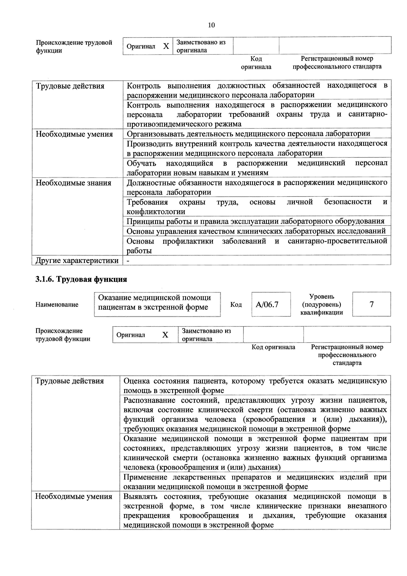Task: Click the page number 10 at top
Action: pyautogui.click(x=211, y=25)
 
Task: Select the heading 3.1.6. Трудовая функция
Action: pyautogui.click(x=81, y=279)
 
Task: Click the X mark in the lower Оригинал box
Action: pyautogui.click(x=165, y=335)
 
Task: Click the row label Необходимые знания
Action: pyautogui.click(x=73, y=183)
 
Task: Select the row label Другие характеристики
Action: pyautogui.click(x=77, y=260)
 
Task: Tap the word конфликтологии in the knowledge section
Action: pyautogui.click(x=156, y=212)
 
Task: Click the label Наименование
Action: pyautogui.click(x=57, y=305)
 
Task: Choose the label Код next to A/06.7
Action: pyautogui.click(x=236, y=305)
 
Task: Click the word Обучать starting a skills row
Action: pyautogui.click(x=141, y=163)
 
